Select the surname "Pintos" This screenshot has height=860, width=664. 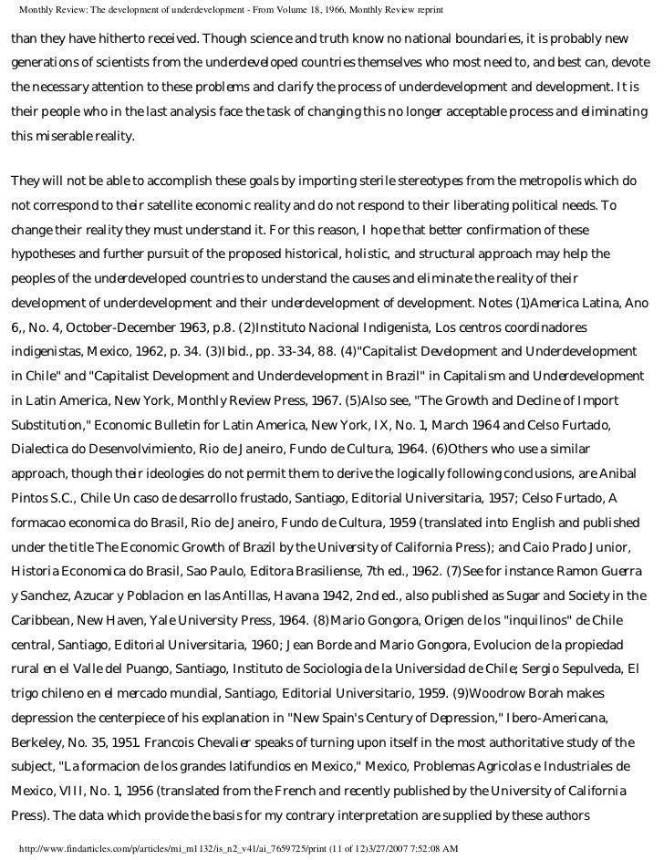(x=33, y=498)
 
